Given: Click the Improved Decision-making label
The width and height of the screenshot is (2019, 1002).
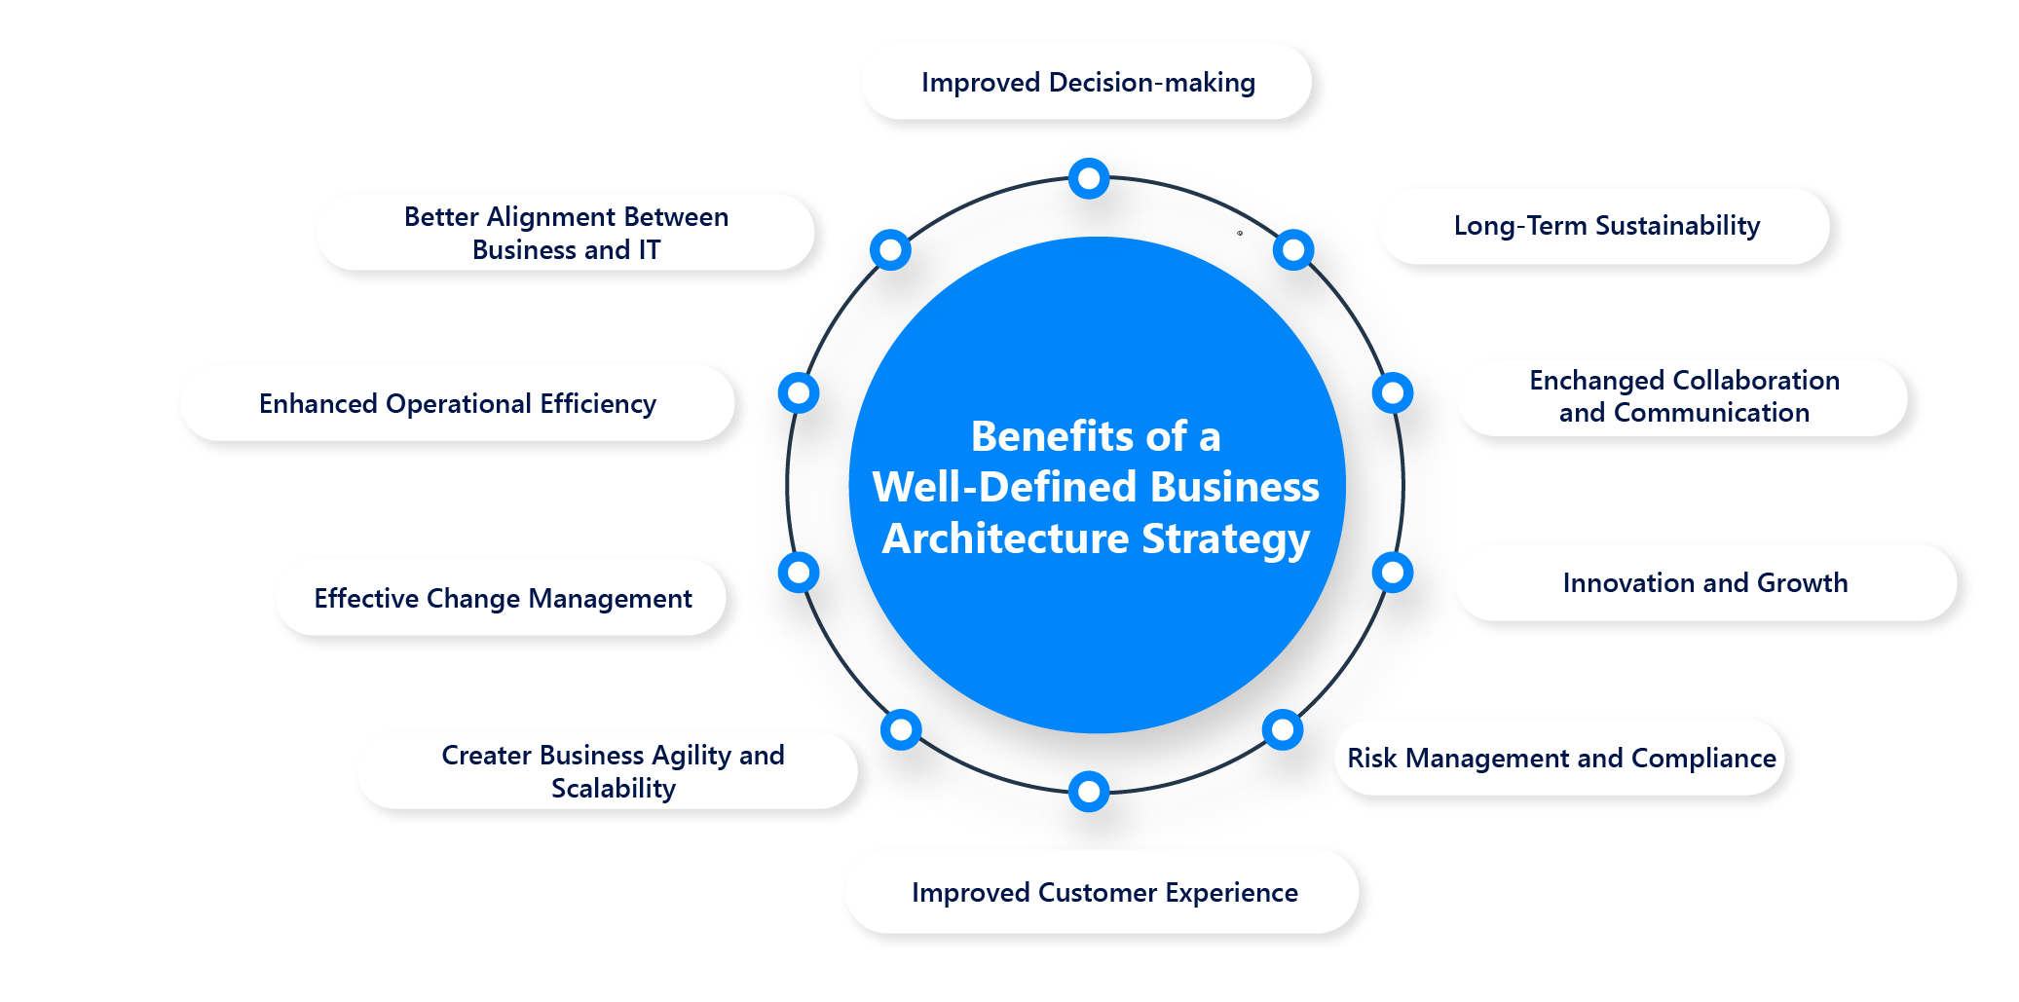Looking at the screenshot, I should click(x=1087, y=82).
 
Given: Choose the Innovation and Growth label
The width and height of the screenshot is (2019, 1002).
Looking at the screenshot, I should click(x=1705, y=582).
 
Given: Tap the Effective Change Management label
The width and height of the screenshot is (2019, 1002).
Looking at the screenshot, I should click(x=502, y=598).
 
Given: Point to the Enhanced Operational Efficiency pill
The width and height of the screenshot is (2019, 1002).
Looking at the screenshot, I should click(x=458, y=403).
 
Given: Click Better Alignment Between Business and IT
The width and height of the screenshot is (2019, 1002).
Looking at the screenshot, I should click(x=566, y=233).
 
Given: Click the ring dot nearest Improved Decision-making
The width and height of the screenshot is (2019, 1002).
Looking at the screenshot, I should click(x=1089, y=178).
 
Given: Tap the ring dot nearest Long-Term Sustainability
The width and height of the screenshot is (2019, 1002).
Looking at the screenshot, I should click(x=1293, y=250).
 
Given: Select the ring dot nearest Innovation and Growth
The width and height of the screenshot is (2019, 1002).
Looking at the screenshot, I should click(x=1393, y=573).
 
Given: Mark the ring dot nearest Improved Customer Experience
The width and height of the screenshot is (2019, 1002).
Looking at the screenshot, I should click(x=1089, y=792).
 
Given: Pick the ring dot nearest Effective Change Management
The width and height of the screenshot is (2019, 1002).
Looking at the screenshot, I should click(x=799, y=573).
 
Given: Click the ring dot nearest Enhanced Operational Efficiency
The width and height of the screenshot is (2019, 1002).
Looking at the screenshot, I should click(x=799, y=392).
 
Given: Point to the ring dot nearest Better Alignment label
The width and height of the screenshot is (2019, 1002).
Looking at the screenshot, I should click(x=890, y=250).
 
